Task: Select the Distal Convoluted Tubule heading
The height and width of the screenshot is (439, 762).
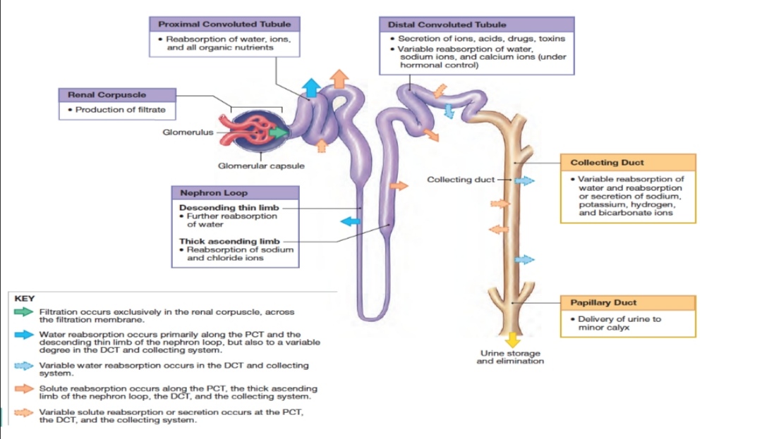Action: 437,25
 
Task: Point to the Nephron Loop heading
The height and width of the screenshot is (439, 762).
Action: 214,192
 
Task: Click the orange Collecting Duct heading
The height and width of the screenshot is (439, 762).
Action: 607,162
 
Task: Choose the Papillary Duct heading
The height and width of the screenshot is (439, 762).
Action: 603,302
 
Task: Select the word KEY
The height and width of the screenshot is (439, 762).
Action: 25,298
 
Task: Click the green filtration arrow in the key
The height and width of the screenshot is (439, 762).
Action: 25,311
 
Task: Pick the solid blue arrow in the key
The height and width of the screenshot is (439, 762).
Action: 25,334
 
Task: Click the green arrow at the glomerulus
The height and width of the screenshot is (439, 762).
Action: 279,131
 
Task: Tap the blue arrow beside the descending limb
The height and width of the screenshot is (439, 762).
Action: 350,222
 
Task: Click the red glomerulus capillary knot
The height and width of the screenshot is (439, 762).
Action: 254,130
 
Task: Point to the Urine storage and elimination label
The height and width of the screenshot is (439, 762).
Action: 510,357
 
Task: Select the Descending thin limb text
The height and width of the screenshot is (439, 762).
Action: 229,208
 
